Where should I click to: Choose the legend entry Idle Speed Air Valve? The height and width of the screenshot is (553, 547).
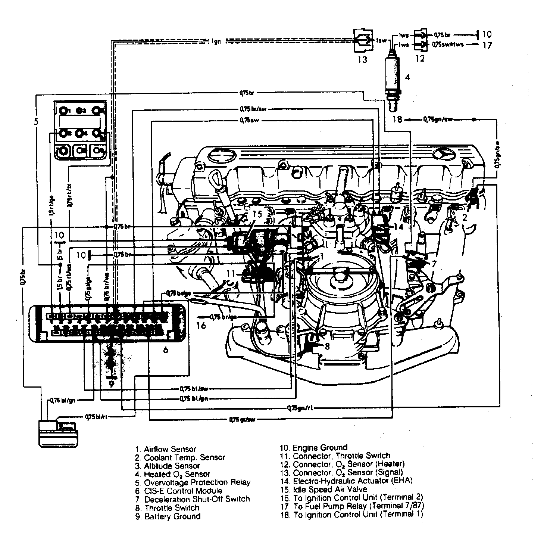coord(325,489)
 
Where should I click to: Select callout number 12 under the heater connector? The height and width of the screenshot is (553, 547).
coord(420,59)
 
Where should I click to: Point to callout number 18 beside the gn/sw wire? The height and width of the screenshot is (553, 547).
coord(398,119)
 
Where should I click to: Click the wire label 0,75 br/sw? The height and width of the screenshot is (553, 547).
coord(253,109)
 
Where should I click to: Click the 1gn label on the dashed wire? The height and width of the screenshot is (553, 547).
coord(216,41)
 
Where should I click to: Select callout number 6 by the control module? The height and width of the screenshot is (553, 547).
coord(166,349)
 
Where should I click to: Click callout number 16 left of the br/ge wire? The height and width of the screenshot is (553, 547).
coord(201,326)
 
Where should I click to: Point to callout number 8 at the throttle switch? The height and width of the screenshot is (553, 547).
coord(327,346)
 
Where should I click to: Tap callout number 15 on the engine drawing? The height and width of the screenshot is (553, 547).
coord(257,214)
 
